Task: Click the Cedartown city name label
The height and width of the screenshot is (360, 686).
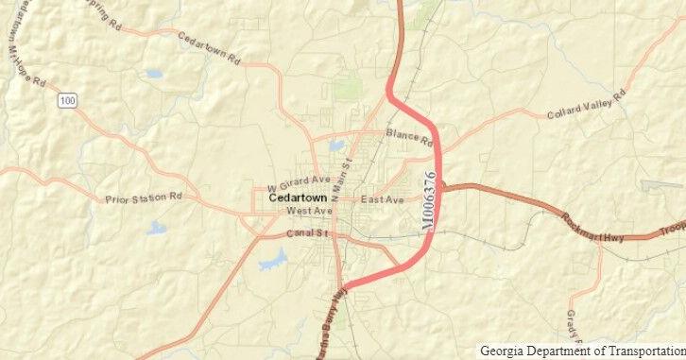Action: (x=298, y=198)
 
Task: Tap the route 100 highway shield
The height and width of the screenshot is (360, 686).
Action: (x=65, y=99)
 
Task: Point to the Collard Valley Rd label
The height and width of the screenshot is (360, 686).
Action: (x=586, y=105)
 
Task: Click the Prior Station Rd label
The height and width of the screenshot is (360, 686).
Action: (x=143, y=198)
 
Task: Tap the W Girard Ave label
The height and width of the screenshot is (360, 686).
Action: (x=299, y=183)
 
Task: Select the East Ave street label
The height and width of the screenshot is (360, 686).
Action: (x=383, y=200)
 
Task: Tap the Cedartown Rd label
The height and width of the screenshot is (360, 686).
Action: (x=208, y=43)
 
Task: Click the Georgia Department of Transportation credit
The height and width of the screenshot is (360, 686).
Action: (x=581, y=351)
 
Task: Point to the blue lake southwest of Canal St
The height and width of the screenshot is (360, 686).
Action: (x=273, y=258)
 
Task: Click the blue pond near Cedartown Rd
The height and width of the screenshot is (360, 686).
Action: (x=154, y=73)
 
